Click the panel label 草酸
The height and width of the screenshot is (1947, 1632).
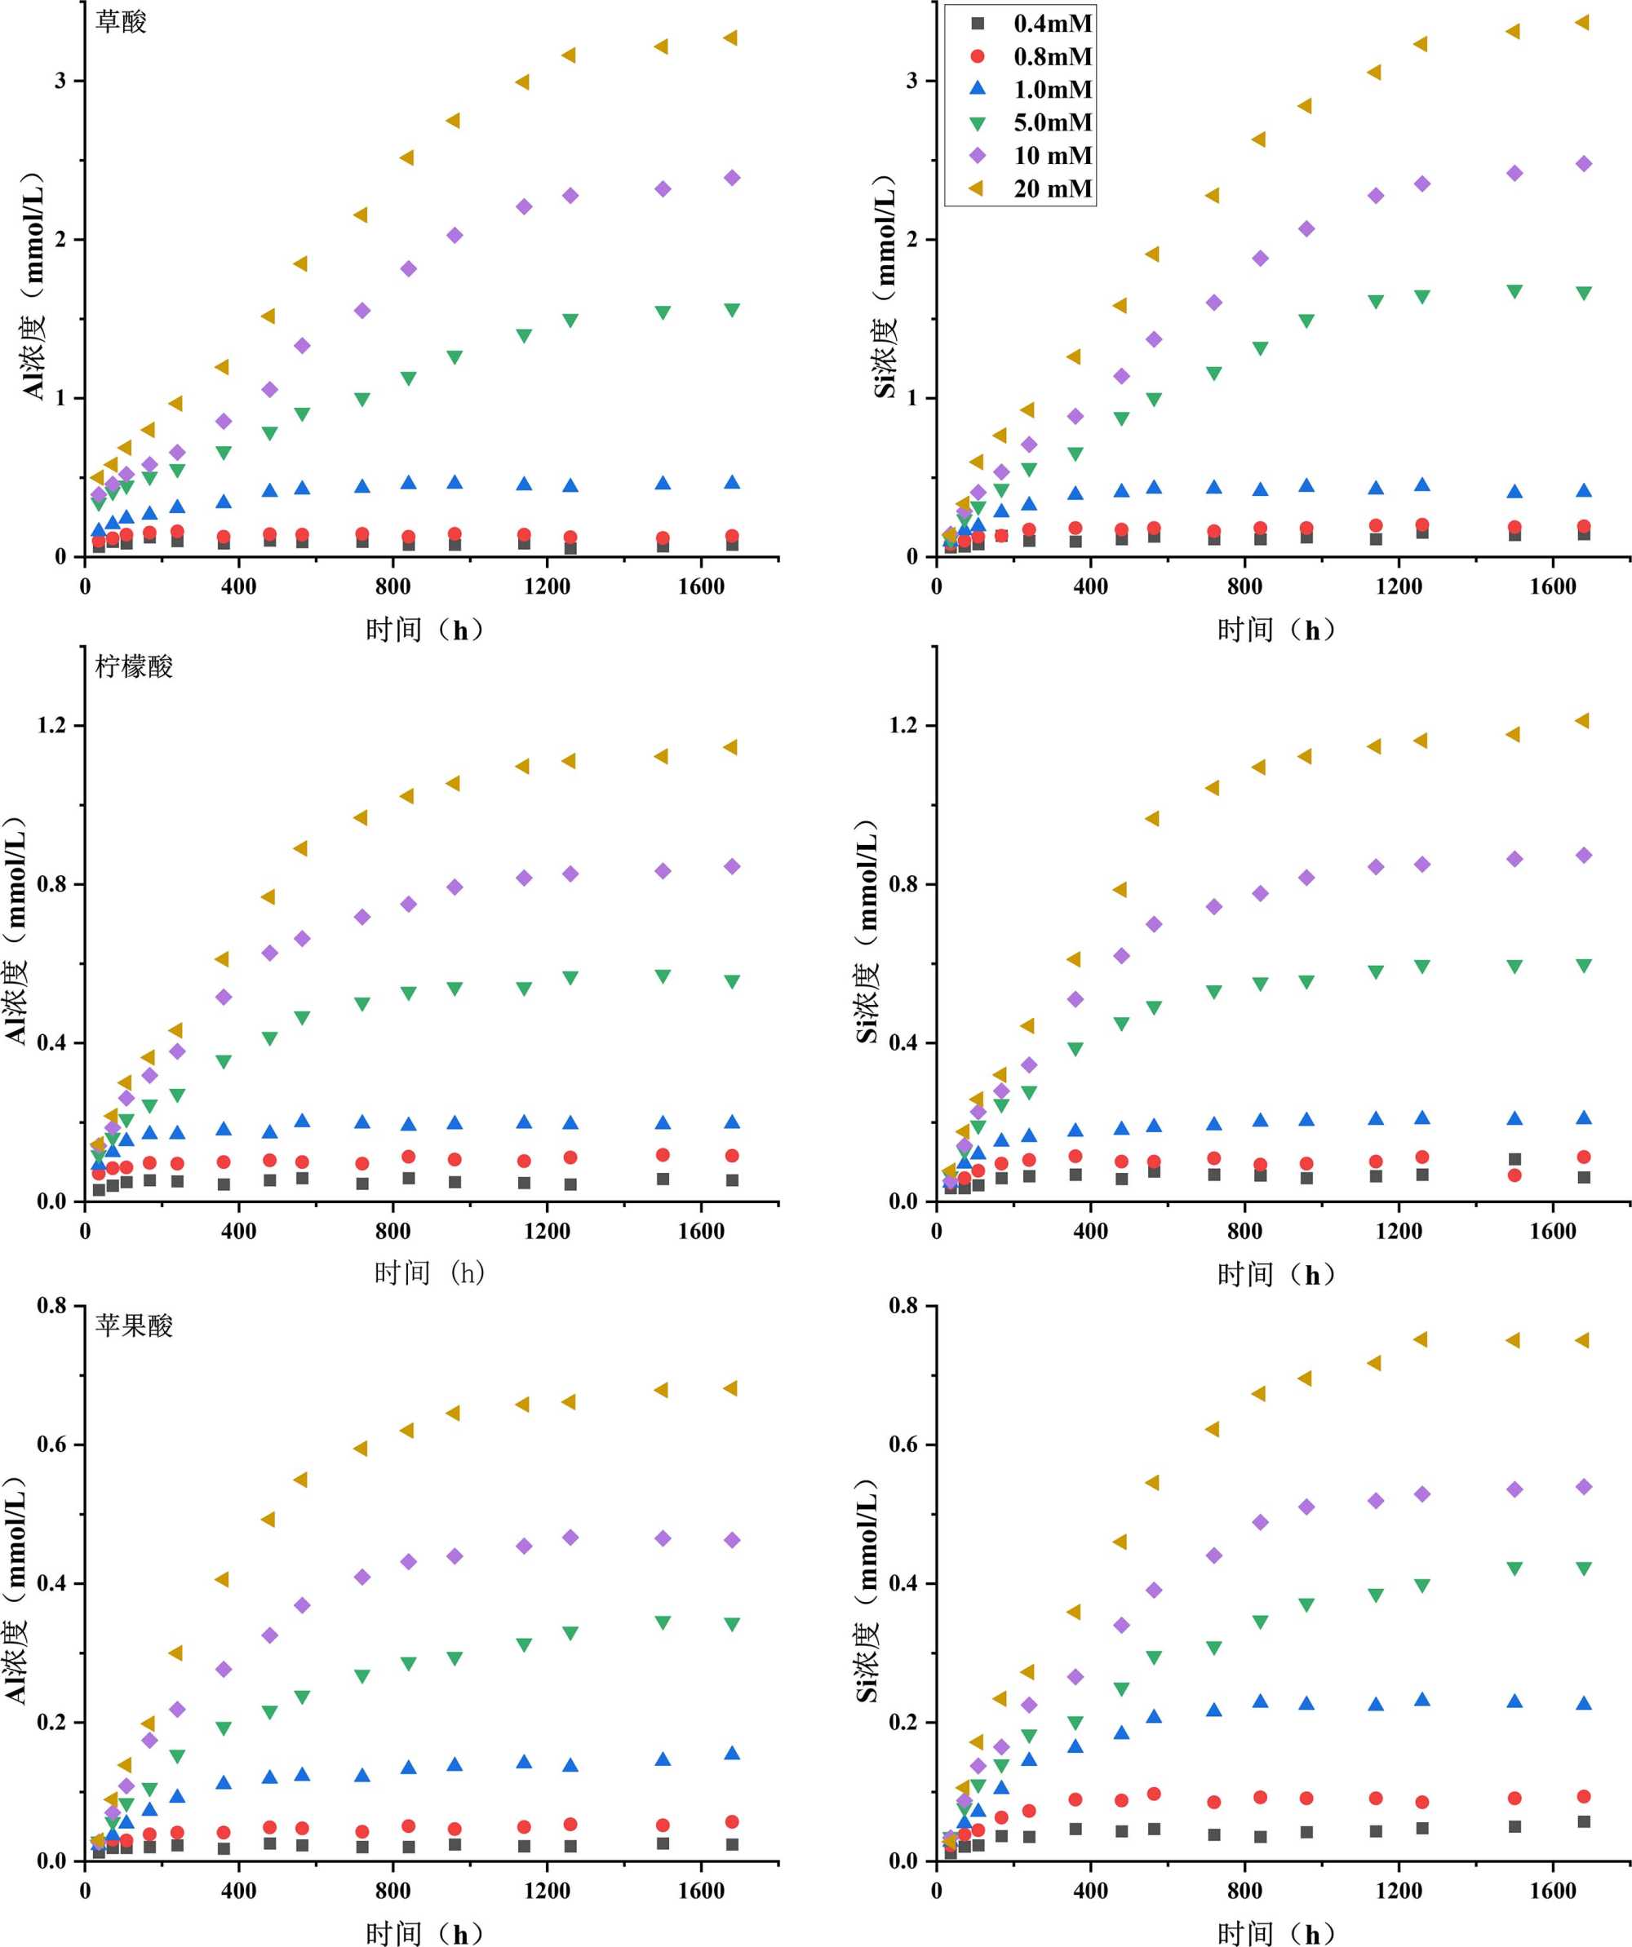pos(121,22)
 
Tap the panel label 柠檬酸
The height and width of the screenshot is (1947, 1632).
pos(134,666)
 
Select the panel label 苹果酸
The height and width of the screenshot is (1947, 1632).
pos(134,1325)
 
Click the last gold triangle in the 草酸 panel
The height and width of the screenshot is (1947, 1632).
pos(730,38)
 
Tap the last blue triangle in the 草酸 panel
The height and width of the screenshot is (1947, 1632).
pos(732,482)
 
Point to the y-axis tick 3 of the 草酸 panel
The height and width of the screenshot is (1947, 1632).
pos(61,81)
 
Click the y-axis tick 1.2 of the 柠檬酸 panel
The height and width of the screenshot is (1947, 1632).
pos(52,725)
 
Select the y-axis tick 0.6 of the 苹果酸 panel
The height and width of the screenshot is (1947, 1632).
pos(52,1445)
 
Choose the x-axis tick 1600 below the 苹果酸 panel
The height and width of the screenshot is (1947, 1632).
pos(700,1892)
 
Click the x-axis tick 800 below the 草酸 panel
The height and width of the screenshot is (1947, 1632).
pos(393,587)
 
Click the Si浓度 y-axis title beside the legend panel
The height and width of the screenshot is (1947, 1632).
pos(886,286)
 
